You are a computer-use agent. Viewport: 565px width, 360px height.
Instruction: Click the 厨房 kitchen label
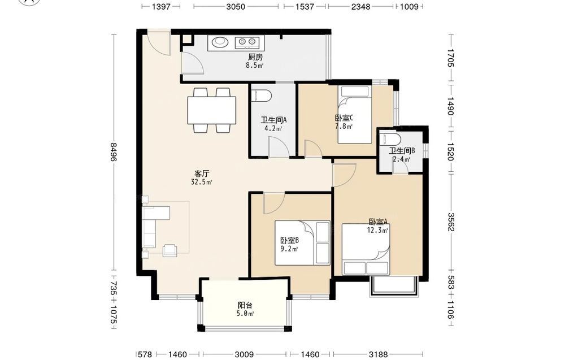255,57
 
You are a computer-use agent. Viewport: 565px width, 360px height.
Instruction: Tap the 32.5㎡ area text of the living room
202,182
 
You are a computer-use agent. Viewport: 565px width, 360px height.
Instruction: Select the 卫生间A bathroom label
273,120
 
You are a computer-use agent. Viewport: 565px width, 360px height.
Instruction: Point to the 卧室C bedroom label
344,118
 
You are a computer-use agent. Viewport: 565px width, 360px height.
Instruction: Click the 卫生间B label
401,151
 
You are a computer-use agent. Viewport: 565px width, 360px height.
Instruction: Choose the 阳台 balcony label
245,305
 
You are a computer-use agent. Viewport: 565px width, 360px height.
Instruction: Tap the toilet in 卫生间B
391,138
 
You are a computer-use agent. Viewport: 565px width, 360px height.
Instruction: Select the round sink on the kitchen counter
219,42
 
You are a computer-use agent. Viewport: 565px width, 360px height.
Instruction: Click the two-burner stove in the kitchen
247,43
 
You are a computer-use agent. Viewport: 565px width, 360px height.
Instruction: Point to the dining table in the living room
211,110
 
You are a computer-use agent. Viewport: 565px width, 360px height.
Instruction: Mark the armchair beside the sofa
170,250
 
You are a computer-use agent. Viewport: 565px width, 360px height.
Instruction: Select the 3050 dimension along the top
236,6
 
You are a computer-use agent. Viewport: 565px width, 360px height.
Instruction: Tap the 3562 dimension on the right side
451,222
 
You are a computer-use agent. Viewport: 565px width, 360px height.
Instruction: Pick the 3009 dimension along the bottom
244,354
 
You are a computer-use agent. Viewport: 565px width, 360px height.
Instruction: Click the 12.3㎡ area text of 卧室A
377,230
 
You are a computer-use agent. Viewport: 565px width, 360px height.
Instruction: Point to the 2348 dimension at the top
360,6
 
